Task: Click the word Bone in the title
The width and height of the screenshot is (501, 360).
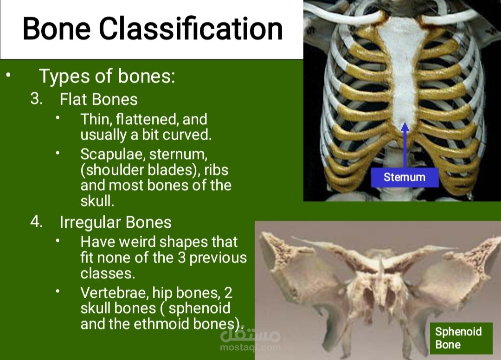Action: (57, 28)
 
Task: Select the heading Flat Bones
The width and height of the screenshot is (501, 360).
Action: (98, 99)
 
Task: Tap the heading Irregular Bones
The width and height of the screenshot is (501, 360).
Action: (116, 222)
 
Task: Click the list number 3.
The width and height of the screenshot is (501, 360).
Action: (37, 99)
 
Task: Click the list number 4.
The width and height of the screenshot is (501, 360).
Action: (37, 221)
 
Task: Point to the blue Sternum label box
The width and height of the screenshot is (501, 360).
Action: (405, 177)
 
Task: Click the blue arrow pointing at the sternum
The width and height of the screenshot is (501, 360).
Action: (405, 145)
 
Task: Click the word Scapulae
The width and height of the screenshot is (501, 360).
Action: (113, 154)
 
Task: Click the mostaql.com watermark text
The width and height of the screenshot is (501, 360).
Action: (250, 347)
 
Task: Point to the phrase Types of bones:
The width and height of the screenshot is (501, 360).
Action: (107, 77)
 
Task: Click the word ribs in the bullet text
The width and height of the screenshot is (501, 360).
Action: (216, 170)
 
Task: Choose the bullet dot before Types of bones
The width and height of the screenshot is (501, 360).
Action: (8, 75)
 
